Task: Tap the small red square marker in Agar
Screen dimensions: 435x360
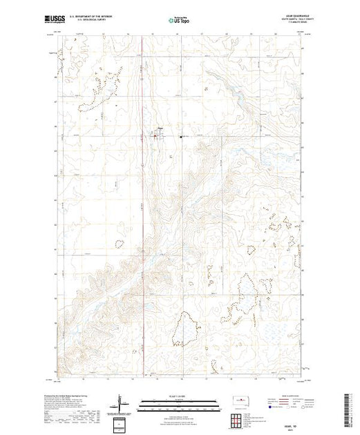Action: [155, 136]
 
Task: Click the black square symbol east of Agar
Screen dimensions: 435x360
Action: [181, 136]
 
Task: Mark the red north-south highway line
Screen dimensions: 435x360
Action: [142, 207]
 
